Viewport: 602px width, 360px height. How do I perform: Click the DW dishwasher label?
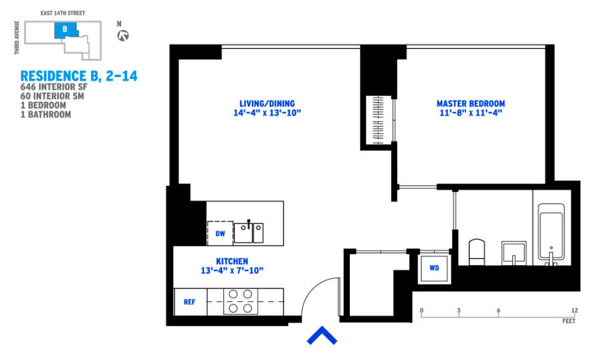click(x=220, y=234)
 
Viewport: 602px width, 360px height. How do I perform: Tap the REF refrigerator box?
click(x=190, y=302)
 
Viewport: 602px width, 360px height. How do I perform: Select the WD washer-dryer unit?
click(x=434, y=268)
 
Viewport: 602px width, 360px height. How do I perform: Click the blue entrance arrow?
click(x=321, y=336)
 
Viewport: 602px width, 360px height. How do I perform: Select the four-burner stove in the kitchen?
click(x=241, y=301)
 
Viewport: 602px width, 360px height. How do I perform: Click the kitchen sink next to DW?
click(x=249, y=232)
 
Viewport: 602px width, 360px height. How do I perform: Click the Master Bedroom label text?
click(x=470, y=108)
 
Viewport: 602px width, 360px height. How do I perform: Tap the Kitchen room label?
click(x=231, y=266)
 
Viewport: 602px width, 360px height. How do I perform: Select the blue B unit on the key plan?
click(x=65, y=30)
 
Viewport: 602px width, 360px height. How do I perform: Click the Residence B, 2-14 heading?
click(x=79, y=76)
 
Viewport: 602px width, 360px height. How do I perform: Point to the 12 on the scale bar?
click(x=574, y=311)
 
